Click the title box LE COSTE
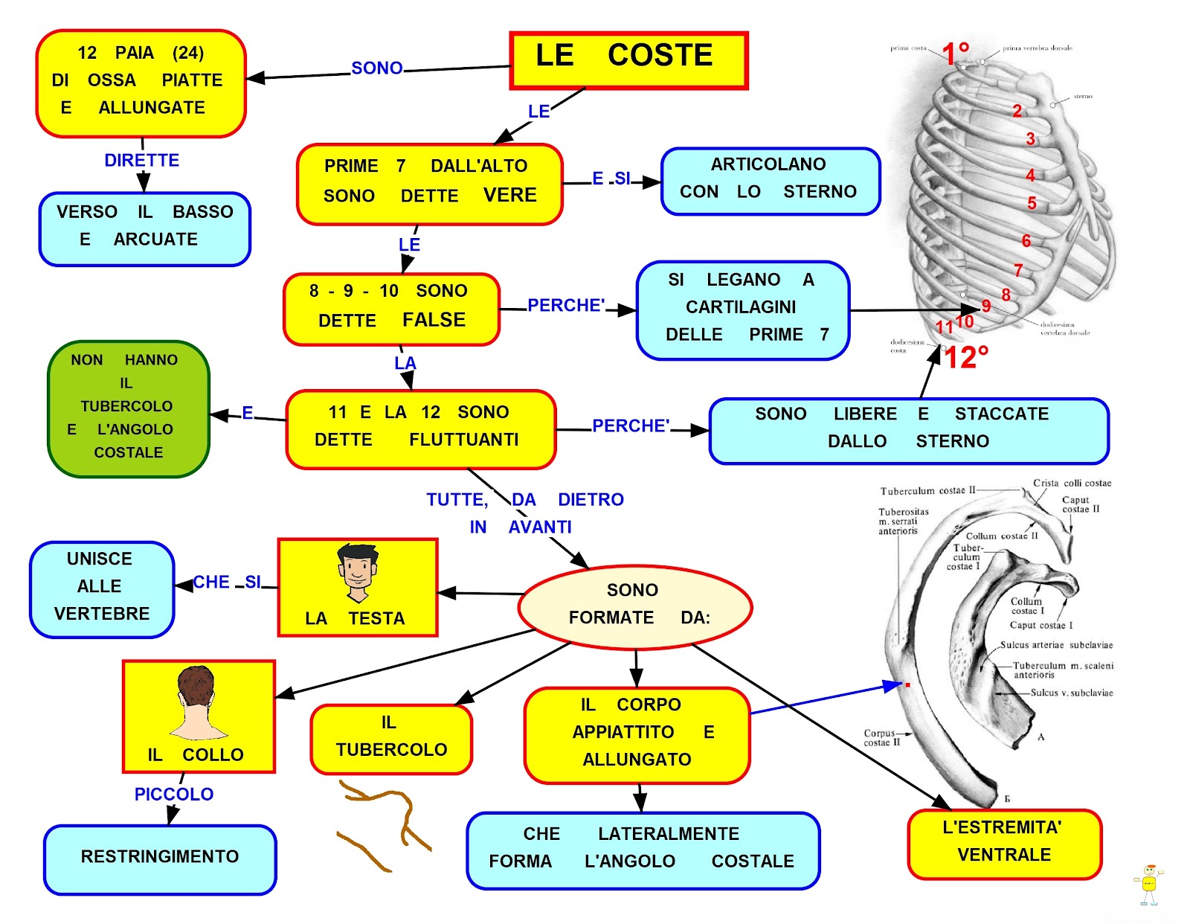pyautogui.click(x=628, y=60)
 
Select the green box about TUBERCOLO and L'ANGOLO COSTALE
pyautogui.click(x=128, y=408)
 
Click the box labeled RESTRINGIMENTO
pyautogui.click(x=159, y=858)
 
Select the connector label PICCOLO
pyautogui.click(x=173, y=794)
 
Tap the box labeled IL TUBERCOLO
pyautogui.click(x=391, y=738)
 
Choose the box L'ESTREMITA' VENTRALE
pyautogui.click(x=1003, y=842)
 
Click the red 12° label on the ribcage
pyautogui.click(x=966, y=358)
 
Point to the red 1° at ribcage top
pyautogui.click(x=956, y=53)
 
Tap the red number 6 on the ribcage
pyautogui.click(x=1026, y=241)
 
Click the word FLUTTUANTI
pyautogui.click(x=463, y=440)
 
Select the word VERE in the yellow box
pyautogui.click(x=509, y=195)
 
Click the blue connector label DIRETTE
pyautogui.click(x=141, y=161)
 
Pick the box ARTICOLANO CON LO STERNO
pyautogui.click(x=770, y=180)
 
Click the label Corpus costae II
pyautogui.click(x=881, y=737)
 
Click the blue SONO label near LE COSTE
pyautogui.click(x=376, y=68)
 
